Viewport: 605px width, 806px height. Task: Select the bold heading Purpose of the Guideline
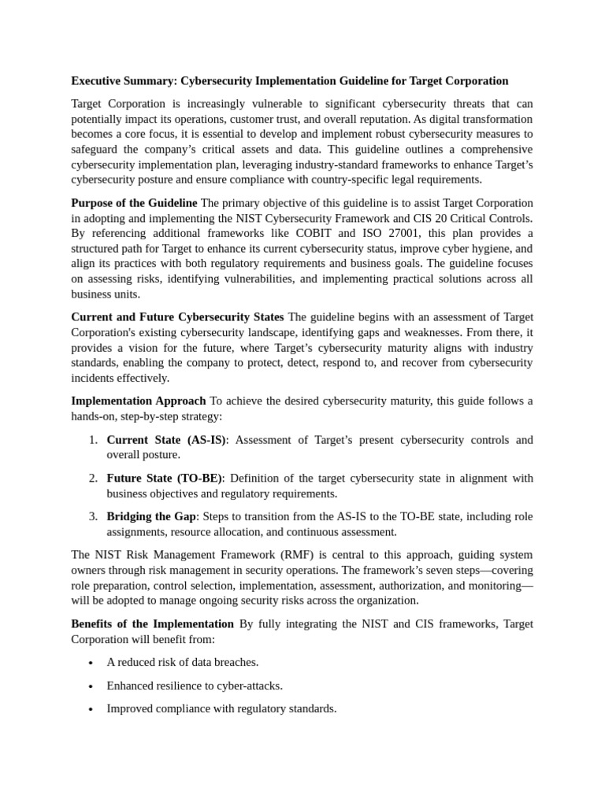coord(134,203)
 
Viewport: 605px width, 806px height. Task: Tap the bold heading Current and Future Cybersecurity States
coord(177,317)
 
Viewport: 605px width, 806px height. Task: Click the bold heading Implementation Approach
coord(139,401)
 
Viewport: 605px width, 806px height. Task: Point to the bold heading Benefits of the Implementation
coord(153,623)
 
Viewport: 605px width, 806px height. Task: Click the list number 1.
coord(92,440)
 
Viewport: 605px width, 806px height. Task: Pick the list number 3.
coord(92,516)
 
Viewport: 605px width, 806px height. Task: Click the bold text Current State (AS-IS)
coord(166,440)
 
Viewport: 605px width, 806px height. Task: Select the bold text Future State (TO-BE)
coord(165,479)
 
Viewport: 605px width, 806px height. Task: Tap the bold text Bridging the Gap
coord(150,516)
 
